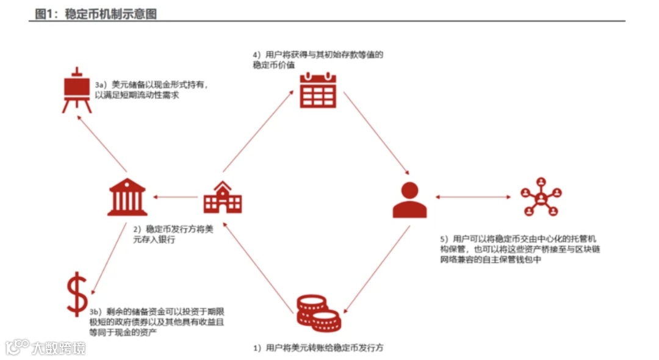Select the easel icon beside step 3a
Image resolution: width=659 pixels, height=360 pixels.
tap(77, 90)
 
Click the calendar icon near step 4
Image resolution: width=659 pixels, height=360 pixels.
tap(318, 90)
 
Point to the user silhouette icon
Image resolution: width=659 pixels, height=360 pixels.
tap(409, 200)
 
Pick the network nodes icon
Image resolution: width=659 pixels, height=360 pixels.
tap(540, 196)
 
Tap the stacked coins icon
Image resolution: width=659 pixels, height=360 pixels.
tap(318, 311)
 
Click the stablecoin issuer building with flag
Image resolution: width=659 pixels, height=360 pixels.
tap(222, 197)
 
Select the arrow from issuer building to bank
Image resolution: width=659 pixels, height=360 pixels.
tap(178, 197)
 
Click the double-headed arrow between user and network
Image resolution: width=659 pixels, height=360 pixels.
tap(474, 197)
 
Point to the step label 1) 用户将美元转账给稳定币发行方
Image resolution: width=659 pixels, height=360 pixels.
tap(318, 348)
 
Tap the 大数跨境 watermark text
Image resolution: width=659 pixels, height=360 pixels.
tap(59, 348)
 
